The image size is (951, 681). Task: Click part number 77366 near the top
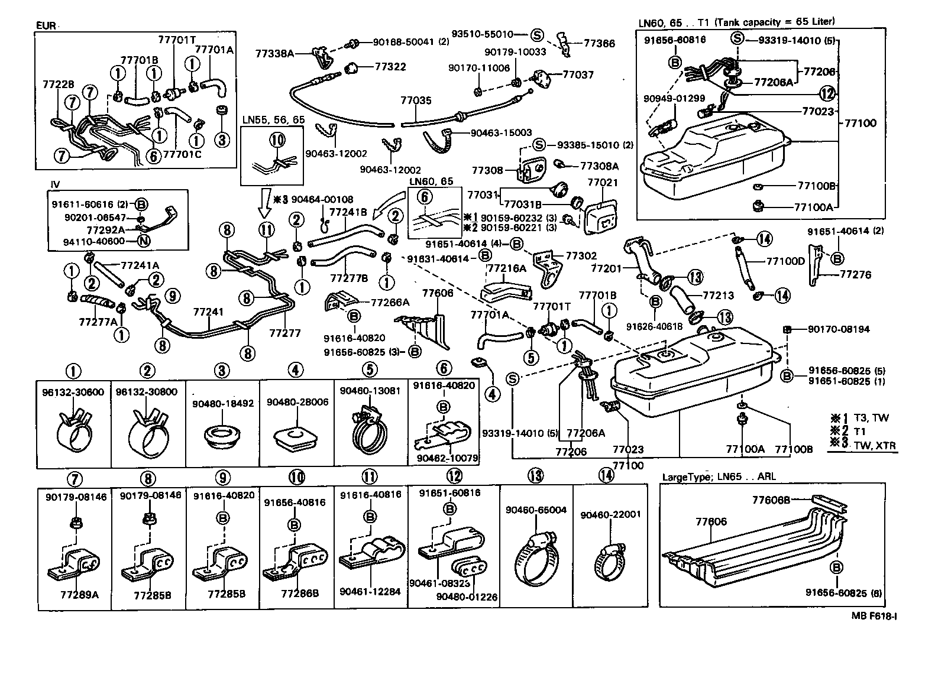pyautogui.click(x=599, y=43)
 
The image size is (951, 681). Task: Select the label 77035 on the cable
pyautogui.click(x=416, y=101)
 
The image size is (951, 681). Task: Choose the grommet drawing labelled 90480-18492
pyautogui.click(x=222, y=438)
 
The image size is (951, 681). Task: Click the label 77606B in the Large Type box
pyautogui.click(x=771, y=500)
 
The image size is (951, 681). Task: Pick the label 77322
pyautogui.click(x=390, y=67)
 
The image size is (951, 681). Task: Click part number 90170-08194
pyautogui.click(x=840, y=329)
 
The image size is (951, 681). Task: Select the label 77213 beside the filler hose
pyautogui.click(x=718, y=295)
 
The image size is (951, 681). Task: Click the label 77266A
pyautogui.click(x=390, y=302)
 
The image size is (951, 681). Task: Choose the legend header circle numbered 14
pyautogui.click(x=606, y=475)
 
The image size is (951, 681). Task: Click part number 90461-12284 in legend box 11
pyautogui.click(x=371, y=591)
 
